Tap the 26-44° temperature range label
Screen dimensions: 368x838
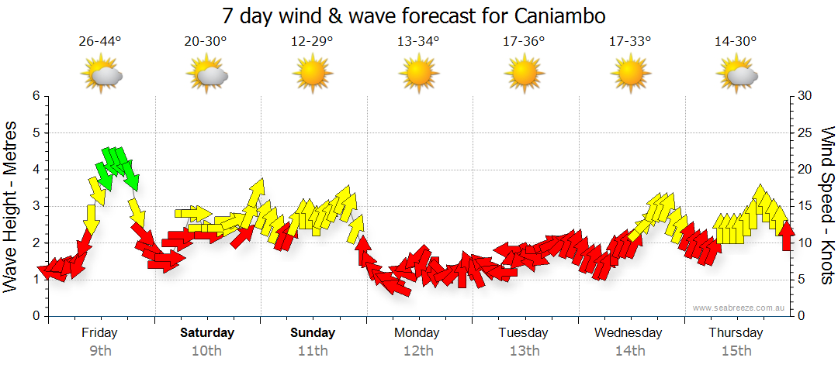coord(100,42)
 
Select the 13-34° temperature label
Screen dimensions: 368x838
coord(418,42)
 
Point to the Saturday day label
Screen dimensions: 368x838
coord(207,333)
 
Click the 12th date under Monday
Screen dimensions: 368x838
coord(418,351)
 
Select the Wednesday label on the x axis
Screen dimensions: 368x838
coord(628,333)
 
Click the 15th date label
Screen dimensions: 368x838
coord(736,351)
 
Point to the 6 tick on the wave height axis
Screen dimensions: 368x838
coord(35,96)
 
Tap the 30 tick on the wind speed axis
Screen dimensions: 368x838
coord(804,96)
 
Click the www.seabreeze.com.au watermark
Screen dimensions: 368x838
coord(739,308)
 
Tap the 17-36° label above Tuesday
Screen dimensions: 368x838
coord(524,42)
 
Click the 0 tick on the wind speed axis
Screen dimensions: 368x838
coord(800,316)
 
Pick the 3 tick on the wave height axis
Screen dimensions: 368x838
coord(35,206)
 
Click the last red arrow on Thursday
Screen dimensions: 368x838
coord(786,236)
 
